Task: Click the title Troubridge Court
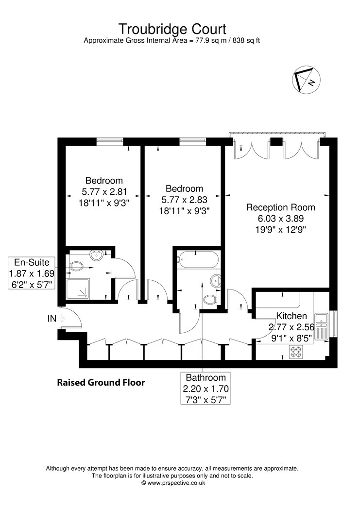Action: point(172,29)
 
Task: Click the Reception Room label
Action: point(280,207)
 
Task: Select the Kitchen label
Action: point(291,316)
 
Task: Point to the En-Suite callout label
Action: point(32,262)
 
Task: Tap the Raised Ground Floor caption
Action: point(101,383)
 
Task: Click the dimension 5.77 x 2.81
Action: point(104,191)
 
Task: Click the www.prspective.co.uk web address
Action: point(176,483)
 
